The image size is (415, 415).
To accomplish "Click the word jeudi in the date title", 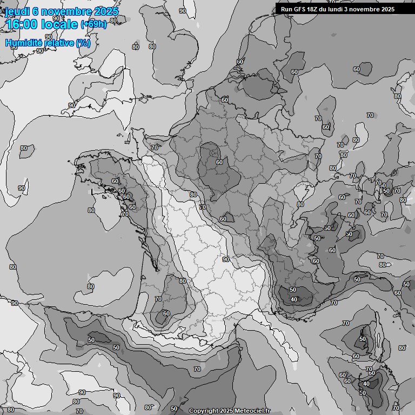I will click(17, 11).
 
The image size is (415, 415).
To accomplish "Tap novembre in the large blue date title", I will click(66, 11).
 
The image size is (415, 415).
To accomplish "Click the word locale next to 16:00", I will click(58, 24).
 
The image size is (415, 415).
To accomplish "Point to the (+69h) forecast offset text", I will click(93, 24).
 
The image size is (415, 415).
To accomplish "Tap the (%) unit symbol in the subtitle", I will click(83, 43).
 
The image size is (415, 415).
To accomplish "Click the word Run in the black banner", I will click(286, 9).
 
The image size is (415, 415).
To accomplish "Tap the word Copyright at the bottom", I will click(204, 411).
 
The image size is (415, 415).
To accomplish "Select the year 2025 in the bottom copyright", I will click(228, 411).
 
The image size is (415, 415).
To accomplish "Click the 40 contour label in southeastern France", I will click(293, 299).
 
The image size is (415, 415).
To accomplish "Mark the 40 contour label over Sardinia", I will click(366, 384).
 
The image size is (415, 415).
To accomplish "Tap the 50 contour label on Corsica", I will click(362, 339).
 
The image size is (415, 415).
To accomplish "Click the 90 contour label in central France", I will click(225, 259).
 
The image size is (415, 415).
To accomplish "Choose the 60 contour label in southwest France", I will click(166, 313).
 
